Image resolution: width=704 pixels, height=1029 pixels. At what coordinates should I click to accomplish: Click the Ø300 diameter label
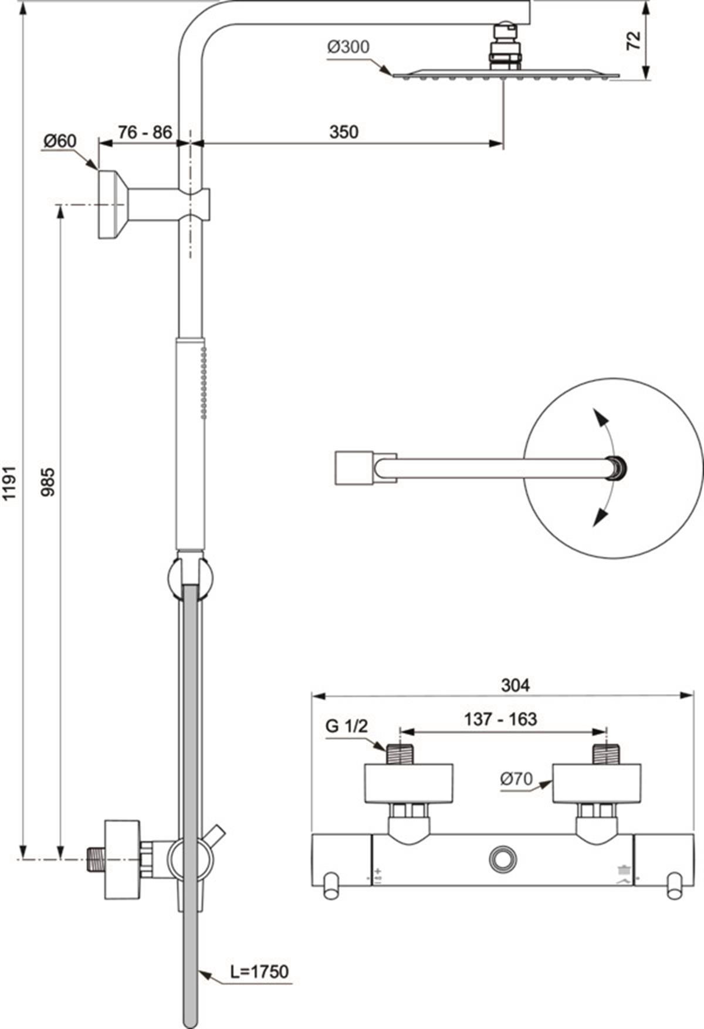pyautogui.click(x=349, y=47)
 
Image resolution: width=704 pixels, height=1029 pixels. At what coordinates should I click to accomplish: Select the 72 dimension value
pyautogui.click(x=634, y=40)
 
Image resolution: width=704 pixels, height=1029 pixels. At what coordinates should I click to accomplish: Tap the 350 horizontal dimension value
pyautogui.click(x=343, y=131)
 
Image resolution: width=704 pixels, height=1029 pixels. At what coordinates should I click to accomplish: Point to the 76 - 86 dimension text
pyautogui.click(x=144, y=131)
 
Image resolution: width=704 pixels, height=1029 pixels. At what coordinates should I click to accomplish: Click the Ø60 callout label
pyautogui.click(x=60, y=141)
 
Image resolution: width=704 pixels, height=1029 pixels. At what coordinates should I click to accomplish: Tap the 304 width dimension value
pyautogui.click(x=515, y=684)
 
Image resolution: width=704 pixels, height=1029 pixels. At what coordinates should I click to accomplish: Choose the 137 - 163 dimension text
pyautogui.click(x=500, y=719)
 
